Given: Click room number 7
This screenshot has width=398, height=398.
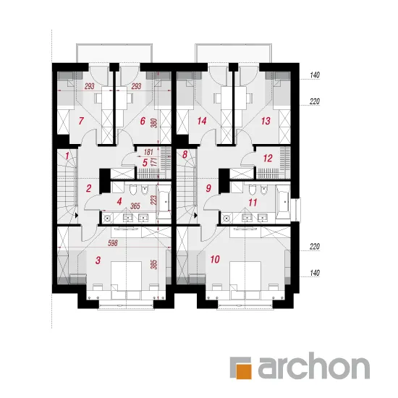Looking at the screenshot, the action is (x=81, y=121).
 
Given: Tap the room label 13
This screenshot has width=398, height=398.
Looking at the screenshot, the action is (x=266, y=121).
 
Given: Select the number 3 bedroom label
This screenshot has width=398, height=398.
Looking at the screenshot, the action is (x=98, y=260).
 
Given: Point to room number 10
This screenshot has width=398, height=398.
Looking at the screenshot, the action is (x=215, y=259).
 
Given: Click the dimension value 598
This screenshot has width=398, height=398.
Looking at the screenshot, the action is (x=113, y=243).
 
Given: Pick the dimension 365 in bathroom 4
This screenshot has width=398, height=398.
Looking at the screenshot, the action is (x=135, y=206).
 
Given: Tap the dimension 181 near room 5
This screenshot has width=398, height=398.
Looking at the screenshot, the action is (x=148, y=152).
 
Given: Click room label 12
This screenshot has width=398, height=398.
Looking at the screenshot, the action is (x=268, y=158).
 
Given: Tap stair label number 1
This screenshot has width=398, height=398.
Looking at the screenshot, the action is (x=67, y=156).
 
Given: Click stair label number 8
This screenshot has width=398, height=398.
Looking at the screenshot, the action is (x=185, y=154).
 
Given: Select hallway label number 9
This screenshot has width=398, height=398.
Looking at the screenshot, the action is (x=208, y=188).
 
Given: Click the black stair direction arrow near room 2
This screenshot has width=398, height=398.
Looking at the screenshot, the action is (x=76, y=216).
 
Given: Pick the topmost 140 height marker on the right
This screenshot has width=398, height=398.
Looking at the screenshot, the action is (x=315, y=75).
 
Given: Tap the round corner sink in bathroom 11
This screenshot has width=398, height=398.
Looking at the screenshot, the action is (x=226, y=218).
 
